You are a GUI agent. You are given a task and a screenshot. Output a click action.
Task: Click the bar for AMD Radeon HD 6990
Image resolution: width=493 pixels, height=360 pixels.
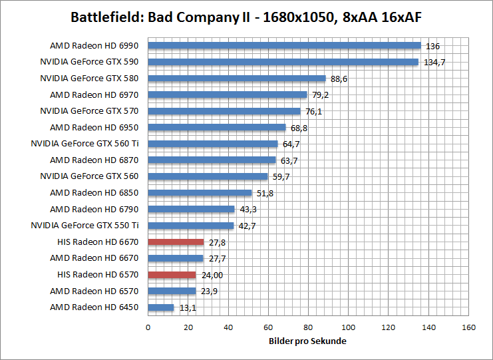(x=284, y=46)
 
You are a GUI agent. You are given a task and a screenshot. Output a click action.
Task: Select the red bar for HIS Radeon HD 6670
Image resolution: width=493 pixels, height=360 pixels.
(x=176, y=242)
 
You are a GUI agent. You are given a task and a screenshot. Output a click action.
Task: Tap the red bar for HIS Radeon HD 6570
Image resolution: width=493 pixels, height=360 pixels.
(x=172, y=275)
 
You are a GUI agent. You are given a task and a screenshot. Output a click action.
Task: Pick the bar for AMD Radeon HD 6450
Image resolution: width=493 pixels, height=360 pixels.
(x=160, y=307)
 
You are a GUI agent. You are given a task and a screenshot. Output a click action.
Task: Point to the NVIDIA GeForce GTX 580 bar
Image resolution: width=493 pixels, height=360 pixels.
(x=236, y=79)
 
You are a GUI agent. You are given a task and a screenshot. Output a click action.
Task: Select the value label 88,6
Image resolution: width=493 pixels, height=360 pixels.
(x=339, y=79)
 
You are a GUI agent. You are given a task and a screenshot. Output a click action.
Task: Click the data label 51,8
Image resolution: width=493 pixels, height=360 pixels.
(x=264, y=194)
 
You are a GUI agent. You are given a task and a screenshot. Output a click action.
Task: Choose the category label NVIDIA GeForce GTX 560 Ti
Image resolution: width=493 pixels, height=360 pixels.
(x=84, y=144)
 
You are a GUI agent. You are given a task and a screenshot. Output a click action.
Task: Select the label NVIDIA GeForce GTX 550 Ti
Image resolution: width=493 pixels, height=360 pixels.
(x=84, y=226)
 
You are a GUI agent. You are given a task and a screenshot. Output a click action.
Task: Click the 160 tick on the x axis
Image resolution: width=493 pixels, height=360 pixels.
(x=469, y=327)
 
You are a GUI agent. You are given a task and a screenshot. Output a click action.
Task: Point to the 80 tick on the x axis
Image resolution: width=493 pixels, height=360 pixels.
(x=308, y=327)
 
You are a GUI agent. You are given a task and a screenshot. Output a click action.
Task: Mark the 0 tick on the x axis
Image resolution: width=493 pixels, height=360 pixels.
(x=148, y=327)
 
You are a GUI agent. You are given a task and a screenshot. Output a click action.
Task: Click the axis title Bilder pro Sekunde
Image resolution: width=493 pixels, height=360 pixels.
(x=308, y=341)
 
